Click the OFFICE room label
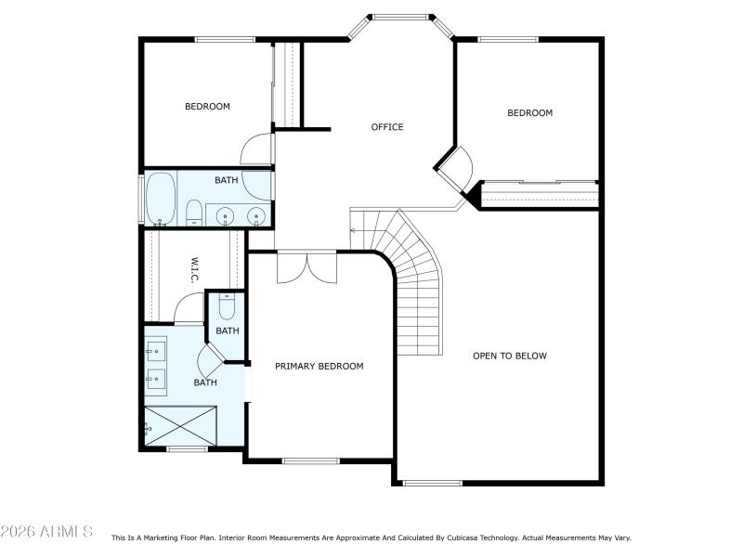[x=387, y=127]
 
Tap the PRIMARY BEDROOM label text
[x=319, y=367]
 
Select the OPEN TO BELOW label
[x=510, y=356]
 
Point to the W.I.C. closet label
[x=196, y=272]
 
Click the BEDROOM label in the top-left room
[x=207, y=107]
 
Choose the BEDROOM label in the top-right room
[x=529, y=113]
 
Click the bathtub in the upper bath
[x=162, y=198]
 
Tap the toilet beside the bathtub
[x=194, y=213]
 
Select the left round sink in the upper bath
[x=224, y=216]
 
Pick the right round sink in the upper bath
[x=255, y=216]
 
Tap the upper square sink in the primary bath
[x=155, y=350]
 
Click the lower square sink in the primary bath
[x=155, y=379]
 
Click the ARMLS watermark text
[x=46, y=532]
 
